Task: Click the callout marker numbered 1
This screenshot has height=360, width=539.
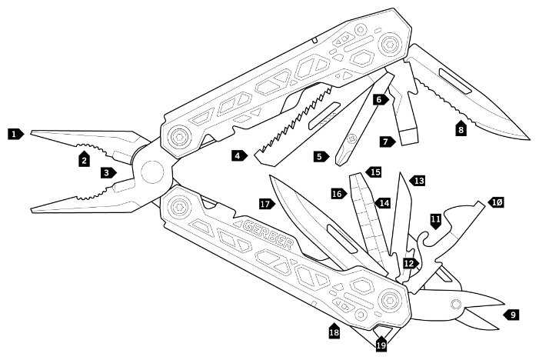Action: click(15, 133)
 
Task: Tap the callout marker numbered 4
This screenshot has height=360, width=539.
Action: click(240, 155)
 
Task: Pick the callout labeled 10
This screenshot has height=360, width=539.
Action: click(496, 202)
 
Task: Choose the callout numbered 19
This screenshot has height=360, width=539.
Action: click(381, 345)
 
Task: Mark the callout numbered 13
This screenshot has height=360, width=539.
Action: click(418, 180)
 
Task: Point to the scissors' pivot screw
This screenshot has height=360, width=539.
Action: click(456, 302)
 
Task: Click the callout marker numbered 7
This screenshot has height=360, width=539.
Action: click(387, 141)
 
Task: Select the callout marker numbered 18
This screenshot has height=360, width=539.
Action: click(334, 332)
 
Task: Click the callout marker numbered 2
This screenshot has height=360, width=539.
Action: click(85, 159)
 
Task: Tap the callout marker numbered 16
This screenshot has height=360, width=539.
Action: click(338, 194)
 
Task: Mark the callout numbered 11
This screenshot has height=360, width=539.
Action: click(436, 221)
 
